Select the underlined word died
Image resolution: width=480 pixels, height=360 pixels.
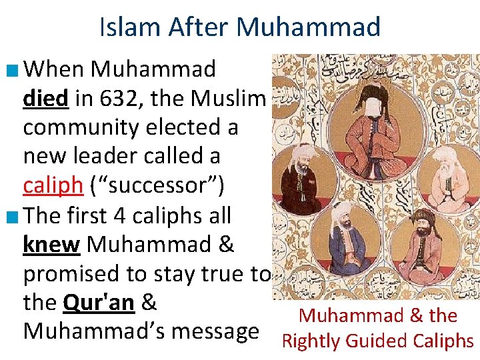pos(45,98)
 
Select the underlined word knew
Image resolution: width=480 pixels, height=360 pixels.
pos(51,244)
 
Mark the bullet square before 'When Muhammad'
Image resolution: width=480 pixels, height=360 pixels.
pos(13,69)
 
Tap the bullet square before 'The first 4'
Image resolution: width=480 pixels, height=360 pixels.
pos(13,215)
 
